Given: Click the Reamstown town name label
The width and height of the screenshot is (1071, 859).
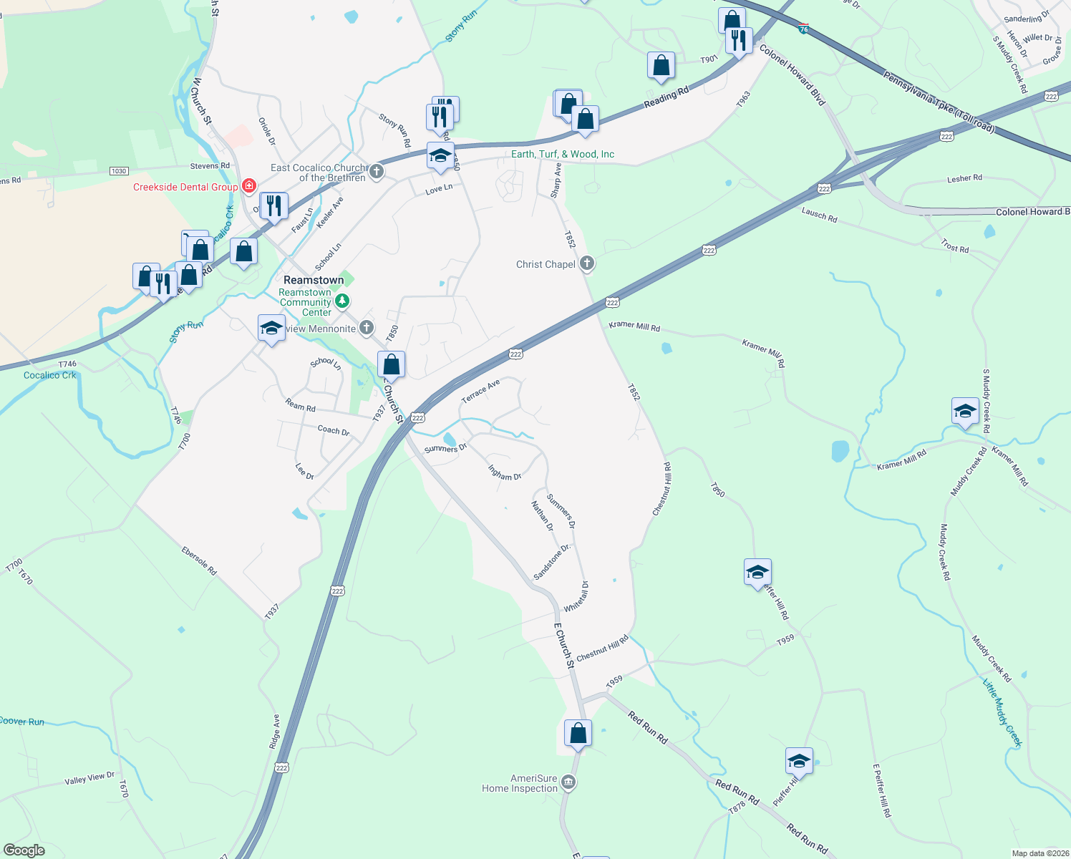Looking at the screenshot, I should coord(314,280).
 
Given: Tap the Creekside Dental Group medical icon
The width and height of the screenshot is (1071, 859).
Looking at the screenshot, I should coord(249,187).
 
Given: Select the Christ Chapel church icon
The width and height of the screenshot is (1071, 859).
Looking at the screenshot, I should coord(587,264).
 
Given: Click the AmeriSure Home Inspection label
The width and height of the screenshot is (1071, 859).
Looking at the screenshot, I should coord(520,783).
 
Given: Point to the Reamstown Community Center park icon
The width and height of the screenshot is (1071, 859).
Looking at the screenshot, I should coord(343,301).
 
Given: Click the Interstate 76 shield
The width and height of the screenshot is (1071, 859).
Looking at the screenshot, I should coord(804,29).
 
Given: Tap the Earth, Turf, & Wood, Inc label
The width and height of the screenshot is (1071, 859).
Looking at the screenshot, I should coord(563,154).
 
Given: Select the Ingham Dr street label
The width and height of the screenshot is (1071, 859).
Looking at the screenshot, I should coord(505,472).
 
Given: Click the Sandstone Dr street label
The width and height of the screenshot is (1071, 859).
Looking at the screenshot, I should coord(552,562).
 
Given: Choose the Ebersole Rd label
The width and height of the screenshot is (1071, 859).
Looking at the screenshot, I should coord(199,561).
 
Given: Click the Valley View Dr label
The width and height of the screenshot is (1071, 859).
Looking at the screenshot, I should coord(89,778).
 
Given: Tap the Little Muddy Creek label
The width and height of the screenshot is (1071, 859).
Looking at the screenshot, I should coord(1002,712).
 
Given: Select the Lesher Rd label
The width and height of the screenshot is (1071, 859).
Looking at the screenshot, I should coord(964,178).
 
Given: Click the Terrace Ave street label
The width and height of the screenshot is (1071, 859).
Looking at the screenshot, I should coord(480,392).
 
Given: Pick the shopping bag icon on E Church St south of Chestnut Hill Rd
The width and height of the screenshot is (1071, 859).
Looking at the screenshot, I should coord(578,734).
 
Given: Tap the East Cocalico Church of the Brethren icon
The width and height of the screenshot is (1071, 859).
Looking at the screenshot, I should coord(377,172).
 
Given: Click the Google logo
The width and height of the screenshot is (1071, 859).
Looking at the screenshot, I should coord(24,850).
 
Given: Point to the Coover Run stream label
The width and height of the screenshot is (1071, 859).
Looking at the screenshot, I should coord(22,722).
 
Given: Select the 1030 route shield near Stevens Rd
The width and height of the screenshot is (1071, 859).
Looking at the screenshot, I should coord(119,171).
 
